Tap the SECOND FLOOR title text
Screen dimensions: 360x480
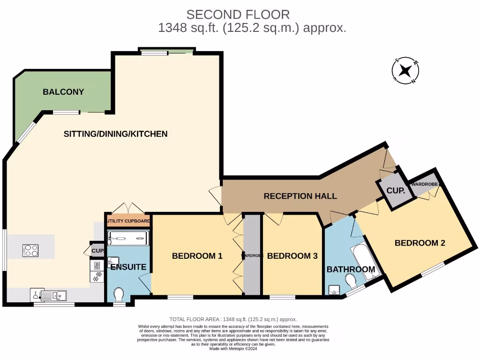point(238,15)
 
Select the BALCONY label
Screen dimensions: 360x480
point(63,92)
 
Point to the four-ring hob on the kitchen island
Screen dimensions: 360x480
point(30,250)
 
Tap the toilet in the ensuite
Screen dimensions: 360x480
point(119,295)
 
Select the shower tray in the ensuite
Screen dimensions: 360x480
point(128,238)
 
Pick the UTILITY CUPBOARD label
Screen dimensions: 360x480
point(128,221)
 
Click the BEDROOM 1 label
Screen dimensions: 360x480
point(197,256)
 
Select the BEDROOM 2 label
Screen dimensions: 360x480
point(420,243)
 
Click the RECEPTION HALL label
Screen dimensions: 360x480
point(300,196)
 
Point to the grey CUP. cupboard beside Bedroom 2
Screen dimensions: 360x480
point(396,191)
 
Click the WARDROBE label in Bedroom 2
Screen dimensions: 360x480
point(425,185)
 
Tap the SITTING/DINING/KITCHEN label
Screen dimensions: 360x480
point(115,134)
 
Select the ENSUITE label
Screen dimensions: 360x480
point(128,267)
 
